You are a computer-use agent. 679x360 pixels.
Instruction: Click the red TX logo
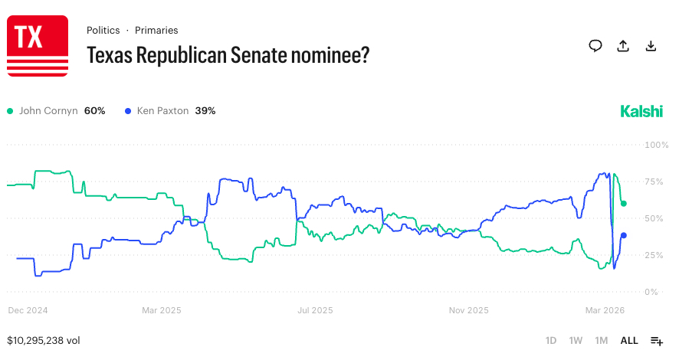[37, 46]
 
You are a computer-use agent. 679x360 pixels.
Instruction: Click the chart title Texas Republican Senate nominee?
[228, 55]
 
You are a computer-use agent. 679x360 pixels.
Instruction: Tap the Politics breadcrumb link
[103, 31]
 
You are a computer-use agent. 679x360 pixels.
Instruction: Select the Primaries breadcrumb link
[156, 31]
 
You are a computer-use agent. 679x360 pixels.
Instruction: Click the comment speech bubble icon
[595, 46]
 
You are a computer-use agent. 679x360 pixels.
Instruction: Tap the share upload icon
[623, 46]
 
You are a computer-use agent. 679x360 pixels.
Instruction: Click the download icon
[651, 46]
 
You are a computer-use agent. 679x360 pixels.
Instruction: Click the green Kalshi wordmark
[641, 111]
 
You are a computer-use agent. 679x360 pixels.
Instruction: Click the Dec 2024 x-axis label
[28, 310]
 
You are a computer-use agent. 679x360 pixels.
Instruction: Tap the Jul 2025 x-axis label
[315, 310]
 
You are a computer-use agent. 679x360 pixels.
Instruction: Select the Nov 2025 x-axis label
[468, 310]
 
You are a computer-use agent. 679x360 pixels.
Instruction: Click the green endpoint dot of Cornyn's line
[624, 204]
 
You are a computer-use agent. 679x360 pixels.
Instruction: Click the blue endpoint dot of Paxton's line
[624, 235]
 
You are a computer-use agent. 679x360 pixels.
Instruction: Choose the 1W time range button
[576, 340]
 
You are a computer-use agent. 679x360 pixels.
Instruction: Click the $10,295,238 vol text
[44, 340]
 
